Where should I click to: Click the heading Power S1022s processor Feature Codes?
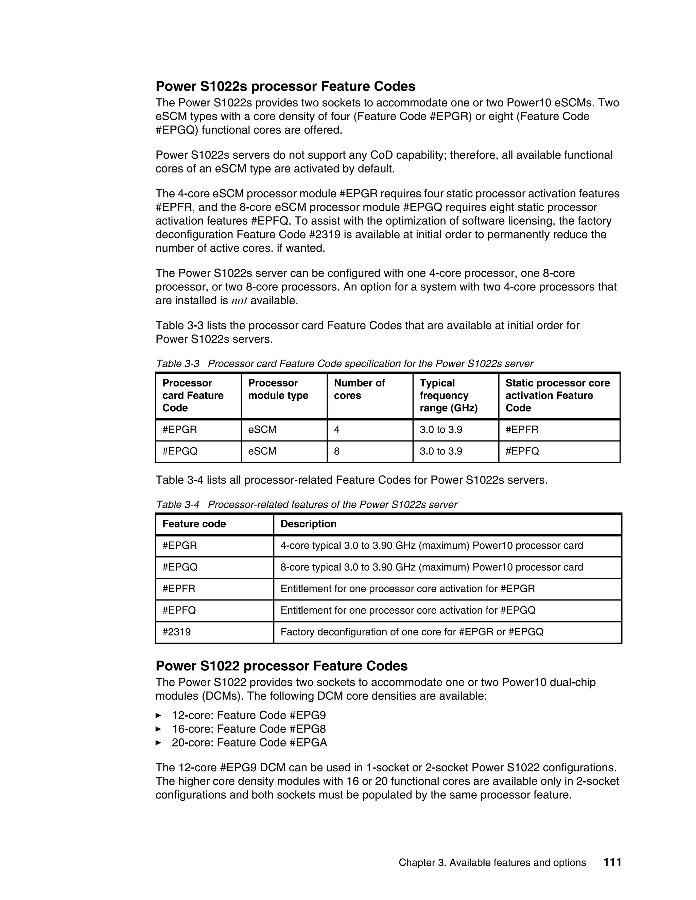285,87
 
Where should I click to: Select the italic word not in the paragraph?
239,301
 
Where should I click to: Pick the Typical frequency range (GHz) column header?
449,395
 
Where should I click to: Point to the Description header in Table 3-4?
309,524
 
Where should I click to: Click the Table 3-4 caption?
306,504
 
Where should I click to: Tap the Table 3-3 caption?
344,363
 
